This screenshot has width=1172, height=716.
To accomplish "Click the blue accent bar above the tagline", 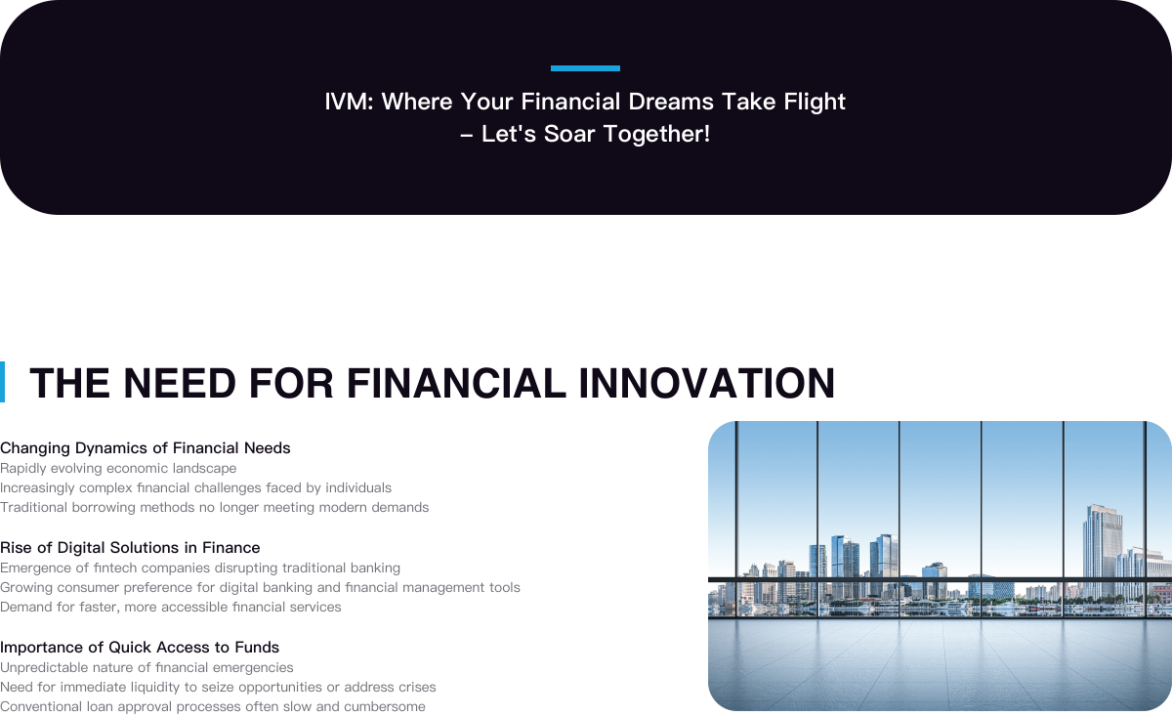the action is coord(585,68).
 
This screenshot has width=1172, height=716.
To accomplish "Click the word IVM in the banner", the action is coord(346,102).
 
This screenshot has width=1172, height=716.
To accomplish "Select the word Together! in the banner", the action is coord(656,135).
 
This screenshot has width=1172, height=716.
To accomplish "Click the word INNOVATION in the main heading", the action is coord(707,383).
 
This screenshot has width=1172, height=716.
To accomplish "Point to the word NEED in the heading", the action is coord(180,383).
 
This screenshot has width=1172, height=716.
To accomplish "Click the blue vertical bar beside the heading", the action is coord(2,382).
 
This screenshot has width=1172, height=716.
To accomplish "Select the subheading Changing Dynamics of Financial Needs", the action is coord(145,448).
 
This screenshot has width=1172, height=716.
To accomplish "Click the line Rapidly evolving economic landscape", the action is coord(118,469).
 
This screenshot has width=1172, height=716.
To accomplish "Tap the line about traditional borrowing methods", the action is coord(215,507).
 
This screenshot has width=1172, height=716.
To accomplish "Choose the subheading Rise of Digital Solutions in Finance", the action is coord(130,548).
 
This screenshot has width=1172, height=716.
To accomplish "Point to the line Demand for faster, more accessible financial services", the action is coord(171,608).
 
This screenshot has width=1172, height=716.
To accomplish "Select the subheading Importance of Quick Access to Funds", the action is coord(140,648).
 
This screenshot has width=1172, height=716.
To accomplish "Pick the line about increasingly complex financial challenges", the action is coord(195,488).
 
